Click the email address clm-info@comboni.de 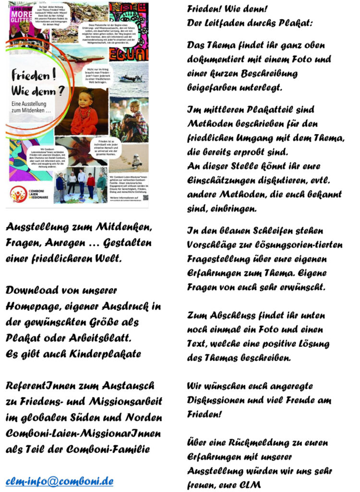click(x=60, y=480)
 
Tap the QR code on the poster click(x=145, y=197)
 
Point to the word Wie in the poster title click(x=25, y=92)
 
